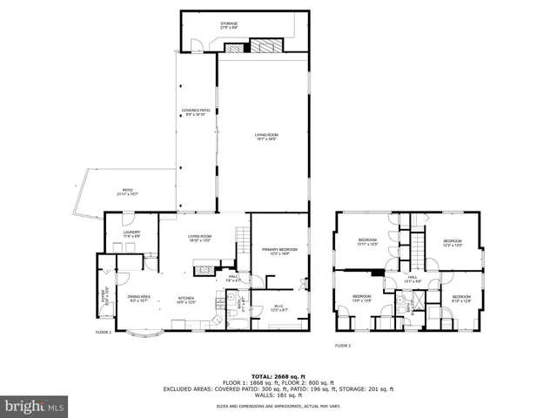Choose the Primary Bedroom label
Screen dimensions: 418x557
pyautogui.click(x=279, y=251)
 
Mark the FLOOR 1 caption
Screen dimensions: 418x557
pyautogui.click(x=104, y=332)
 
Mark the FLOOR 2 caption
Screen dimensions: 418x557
pyautogui.click(x=343, y=346)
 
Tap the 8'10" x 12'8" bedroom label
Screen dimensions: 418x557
pyautogui.click(x=461, y=299)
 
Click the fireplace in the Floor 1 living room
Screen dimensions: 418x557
pyautogui.click(x=202, y=270)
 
